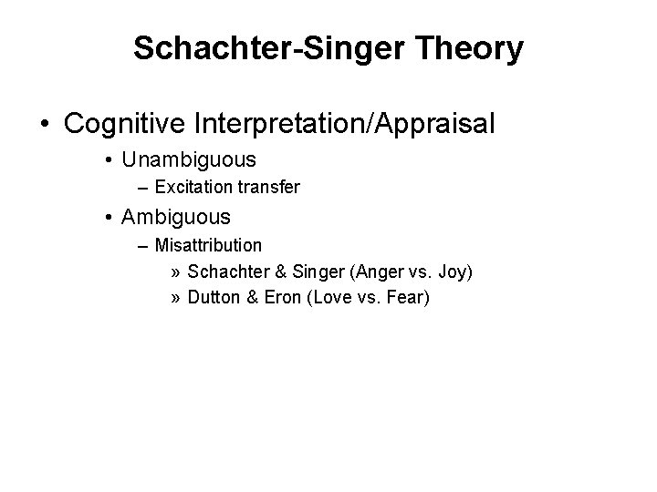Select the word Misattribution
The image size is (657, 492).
[x=208, y=246]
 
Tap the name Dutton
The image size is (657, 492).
[x=212, y=300]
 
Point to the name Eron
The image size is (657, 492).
[x=277, y=300]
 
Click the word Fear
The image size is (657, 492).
[x=406, y=300]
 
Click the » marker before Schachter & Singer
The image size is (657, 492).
[x=175, y=273]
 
